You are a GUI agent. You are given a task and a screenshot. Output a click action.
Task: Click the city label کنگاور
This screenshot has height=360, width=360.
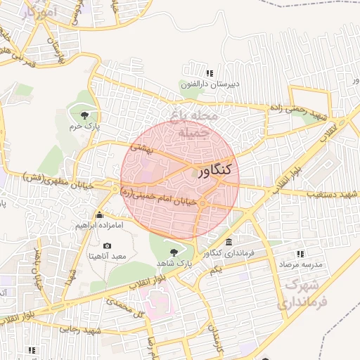[214, 170]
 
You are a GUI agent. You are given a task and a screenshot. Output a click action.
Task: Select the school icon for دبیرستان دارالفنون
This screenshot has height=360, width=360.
[209, 73]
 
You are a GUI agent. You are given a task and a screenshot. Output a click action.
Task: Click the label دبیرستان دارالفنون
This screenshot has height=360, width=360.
[210, 84]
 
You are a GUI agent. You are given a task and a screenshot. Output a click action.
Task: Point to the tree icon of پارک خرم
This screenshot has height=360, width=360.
[84, 114]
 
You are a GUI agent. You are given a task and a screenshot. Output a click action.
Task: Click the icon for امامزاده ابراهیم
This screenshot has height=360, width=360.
[99, 215]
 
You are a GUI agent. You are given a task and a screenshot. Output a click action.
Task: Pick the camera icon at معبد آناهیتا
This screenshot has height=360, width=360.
[107, 245]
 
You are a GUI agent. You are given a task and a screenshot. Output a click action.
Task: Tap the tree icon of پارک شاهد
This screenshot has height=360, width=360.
[174, 251]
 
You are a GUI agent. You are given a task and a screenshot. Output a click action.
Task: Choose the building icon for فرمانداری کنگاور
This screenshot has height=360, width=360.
[229, 242]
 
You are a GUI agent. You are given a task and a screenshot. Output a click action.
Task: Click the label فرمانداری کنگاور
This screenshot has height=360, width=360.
[228, 253]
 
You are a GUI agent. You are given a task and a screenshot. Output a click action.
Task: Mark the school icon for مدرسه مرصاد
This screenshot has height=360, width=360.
[301, 253]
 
